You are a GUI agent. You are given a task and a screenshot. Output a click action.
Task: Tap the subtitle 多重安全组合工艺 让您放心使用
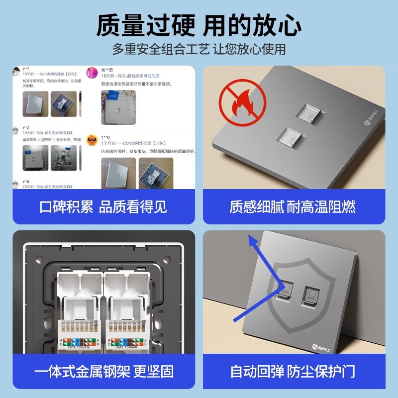click(199, 50)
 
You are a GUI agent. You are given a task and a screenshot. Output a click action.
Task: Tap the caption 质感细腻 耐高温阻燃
click(293, 207)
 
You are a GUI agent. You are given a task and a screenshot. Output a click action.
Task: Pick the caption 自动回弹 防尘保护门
click(293, 371)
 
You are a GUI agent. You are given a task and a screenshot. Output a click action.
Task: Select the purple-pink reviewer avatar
click(92, 73)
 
